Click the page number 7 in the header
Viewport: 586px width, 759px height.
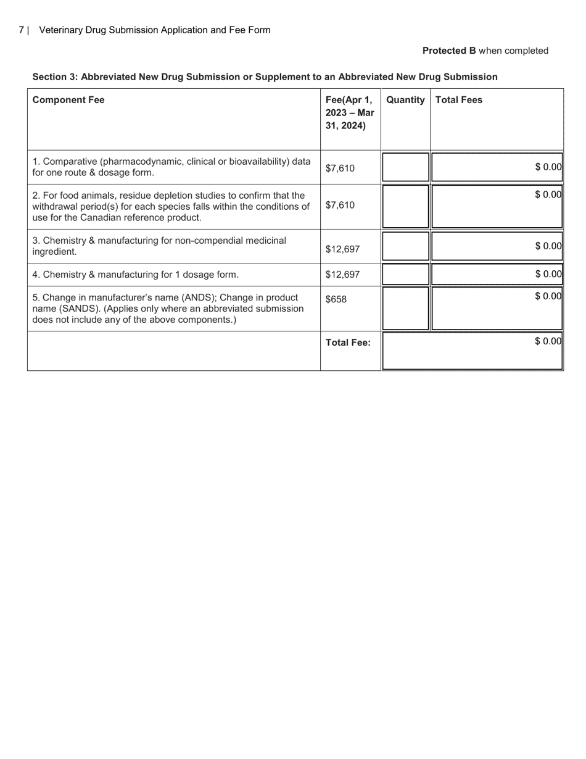click(22, 30)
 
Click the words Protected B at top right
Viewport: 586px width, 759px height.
click(449, 51)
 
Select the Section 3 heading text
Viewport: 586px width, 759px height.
click(265, 77)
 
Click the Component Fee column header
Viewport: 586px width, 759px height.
click(68, 100)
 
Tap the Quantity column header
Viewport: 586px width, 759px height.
click(405, 100)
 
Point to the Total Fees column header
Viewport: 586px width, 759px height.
click(459, 100)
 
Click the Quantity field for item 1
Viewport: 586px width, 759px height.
click(405, 167)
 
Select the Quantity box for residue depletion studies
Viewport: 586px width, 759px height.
click(405, 206)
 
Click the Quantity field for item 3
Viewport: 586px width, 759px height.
click(405, 246)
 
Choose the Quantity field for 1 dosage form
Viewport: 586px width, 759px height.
click(405, 274)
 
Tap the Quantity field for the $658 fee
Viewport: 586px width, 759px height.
click(405, 308)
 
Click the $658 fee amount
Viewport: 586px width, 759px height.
click(336, 299)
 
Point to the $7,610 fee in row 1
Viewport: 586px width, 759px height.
click(340, 168)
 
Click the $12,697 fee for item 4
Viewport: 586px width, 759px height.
click(342, 275)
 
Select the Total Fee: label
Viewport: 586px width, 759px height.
click(348, 343)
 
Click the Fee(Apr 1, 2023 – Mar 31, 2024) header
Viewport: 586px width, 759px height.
click(349, 113)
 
